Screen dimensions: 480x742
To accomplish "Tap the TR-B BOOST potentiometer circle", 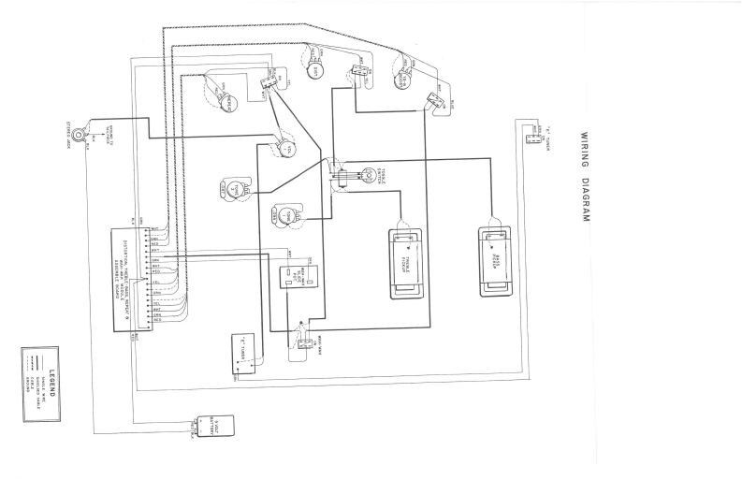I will pyautogui.click(x=403, y=74).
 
